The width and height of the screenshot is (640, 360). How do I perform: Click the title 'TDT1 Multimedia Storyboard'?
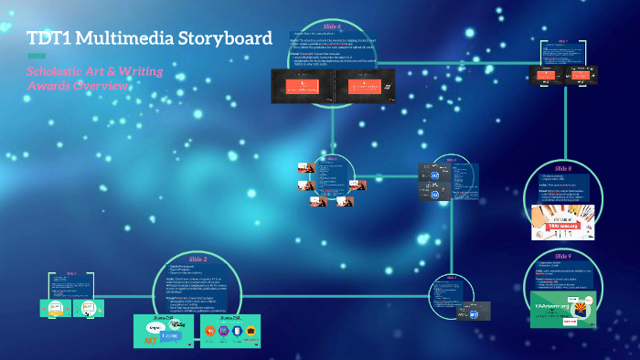149,38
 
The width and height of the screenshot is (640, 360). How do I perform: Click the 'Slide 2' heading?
197,259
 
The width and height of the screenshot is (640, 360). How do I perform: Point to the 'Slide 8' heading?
562,169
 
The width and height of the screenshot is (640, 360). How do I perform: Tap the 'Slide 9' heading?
562,257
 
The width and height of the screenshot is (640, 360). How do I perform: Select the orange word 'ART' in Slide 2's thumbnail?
148,340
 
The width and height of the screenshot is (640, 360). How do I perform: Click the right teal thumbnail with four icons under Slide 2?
229,330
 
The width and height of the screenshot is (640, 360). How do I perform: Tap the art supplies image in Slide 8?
564,221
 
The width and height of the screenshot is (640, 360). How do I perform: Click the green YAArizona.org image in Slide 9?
563,309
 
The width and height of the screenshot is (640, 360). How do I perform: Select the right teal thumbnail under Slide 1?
89,309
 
